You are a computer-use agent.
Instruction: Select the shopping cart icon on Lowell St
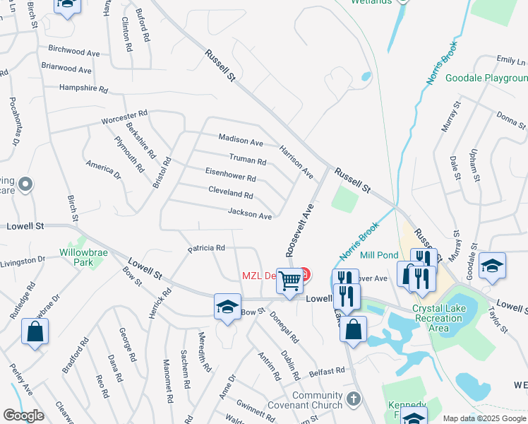coord(290,281)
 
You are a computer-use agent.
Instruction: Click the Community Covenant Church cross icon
coord(354,399)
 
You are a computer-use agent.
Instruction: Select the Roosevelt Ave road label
coord(299,230)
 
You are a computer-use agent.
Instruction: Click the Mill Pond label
coord(379,256)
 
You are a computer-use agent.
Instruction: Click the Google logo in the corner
coord(23,416)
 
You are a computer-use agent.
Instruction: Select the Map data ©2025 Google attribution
coord(484,418)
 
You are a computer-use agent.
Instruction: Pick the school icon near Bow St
coord(227,307)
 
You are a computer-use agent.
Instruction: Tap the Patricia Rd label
coord(206,248)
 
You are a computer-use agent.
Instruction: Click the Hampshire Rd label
coord(83,90)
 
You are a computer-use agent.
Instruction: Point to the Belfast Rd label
coord(325,370)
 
